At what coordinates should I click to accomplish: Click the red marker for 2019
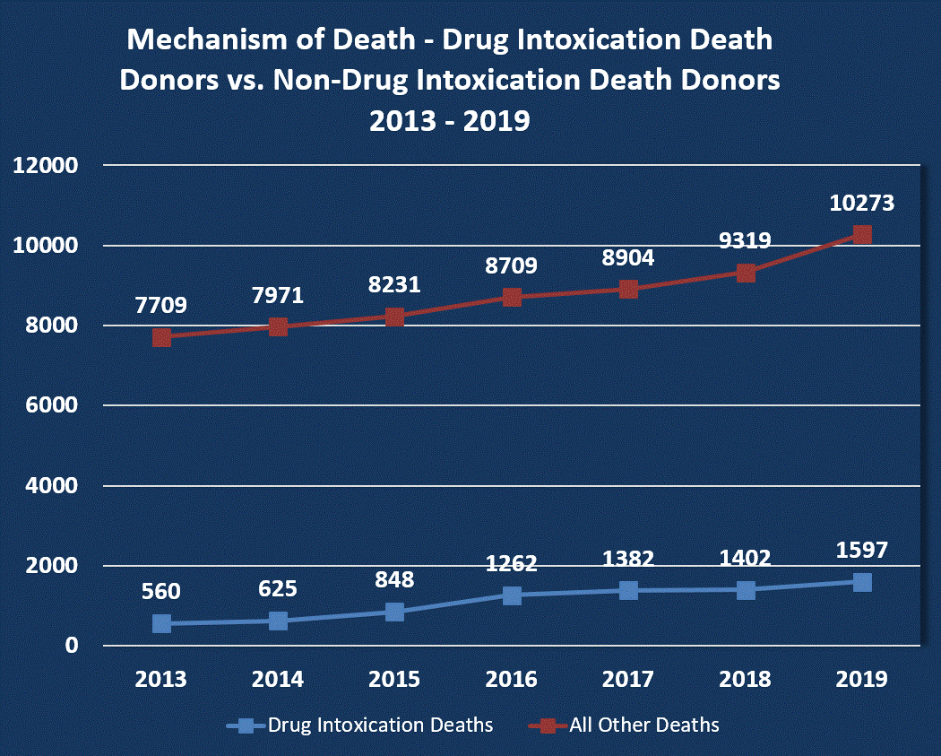point(862,235)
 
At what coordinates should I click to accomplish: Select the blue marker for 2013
point(161,623)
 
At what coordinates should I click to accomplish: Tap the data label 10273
point(862,203)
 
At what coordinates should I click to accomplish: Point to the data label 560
point(161,592)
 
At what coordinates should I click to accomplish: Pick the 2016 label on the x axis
point(512,679)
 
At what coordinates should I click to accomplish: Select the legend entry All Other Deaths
point(643,724)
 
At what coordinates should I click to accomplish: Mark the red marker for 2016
point(512,297)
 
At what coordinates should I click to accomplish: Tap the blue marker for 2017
point(628,590)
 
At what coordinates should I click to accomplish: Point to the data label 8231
point(394,285)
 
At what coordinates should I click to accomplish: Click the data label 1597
point(862,550)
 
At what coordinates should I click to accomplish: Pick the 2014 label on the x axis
point(278,679)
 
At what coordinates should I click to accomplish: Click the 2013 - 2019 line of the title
point(450,120)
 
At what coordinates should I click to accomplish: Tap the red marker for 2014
point(278,326)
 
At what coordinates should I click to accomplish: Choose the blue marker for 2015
point(394,612)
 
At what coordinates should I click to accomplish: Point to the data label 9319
point(746,240)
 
